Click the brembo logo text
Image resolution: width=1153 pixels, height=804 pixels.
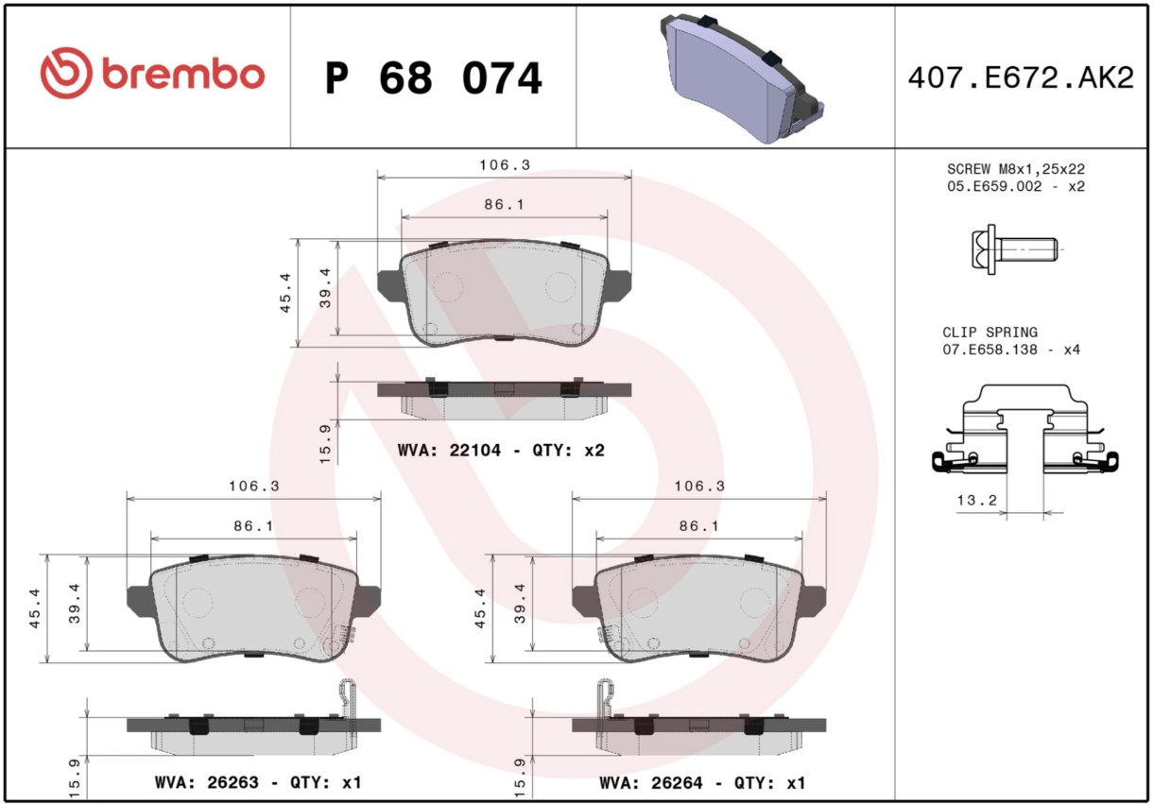pyautogui.click(x=183, y=74)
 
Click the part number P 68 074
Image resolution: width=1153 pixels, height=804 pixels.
pyautogui.click(x=434, y=78)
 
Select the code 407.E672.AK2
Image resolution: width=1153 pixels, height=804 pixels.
pyautogui.click(x=1022, y=78)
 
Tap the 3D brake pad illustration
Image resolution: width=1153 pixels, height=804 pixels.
pyautogui.click(x=741, y=77)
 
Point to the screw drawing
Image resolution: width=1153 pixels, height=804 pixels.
pyautogui.click(x=1014, y=249)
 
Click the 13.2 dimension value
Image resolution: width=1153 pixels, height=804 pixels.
pyautogui.click(x=976, y=500)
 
